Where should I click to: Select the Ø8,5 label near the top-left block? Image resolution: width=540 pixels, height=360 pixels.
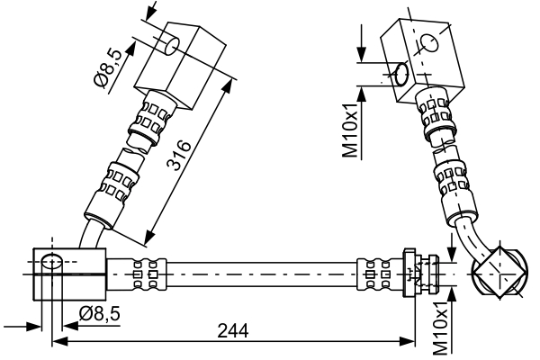pyautogui.click(x=105, y=67)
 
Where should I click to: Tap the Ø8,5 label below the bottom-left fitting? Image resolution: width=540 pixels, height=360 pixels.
pyautogui.click(x=99, y=313)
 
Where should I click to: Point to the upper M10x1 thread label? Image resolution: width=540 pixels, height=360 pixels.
pyautogui.click(x=352, y=132)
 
